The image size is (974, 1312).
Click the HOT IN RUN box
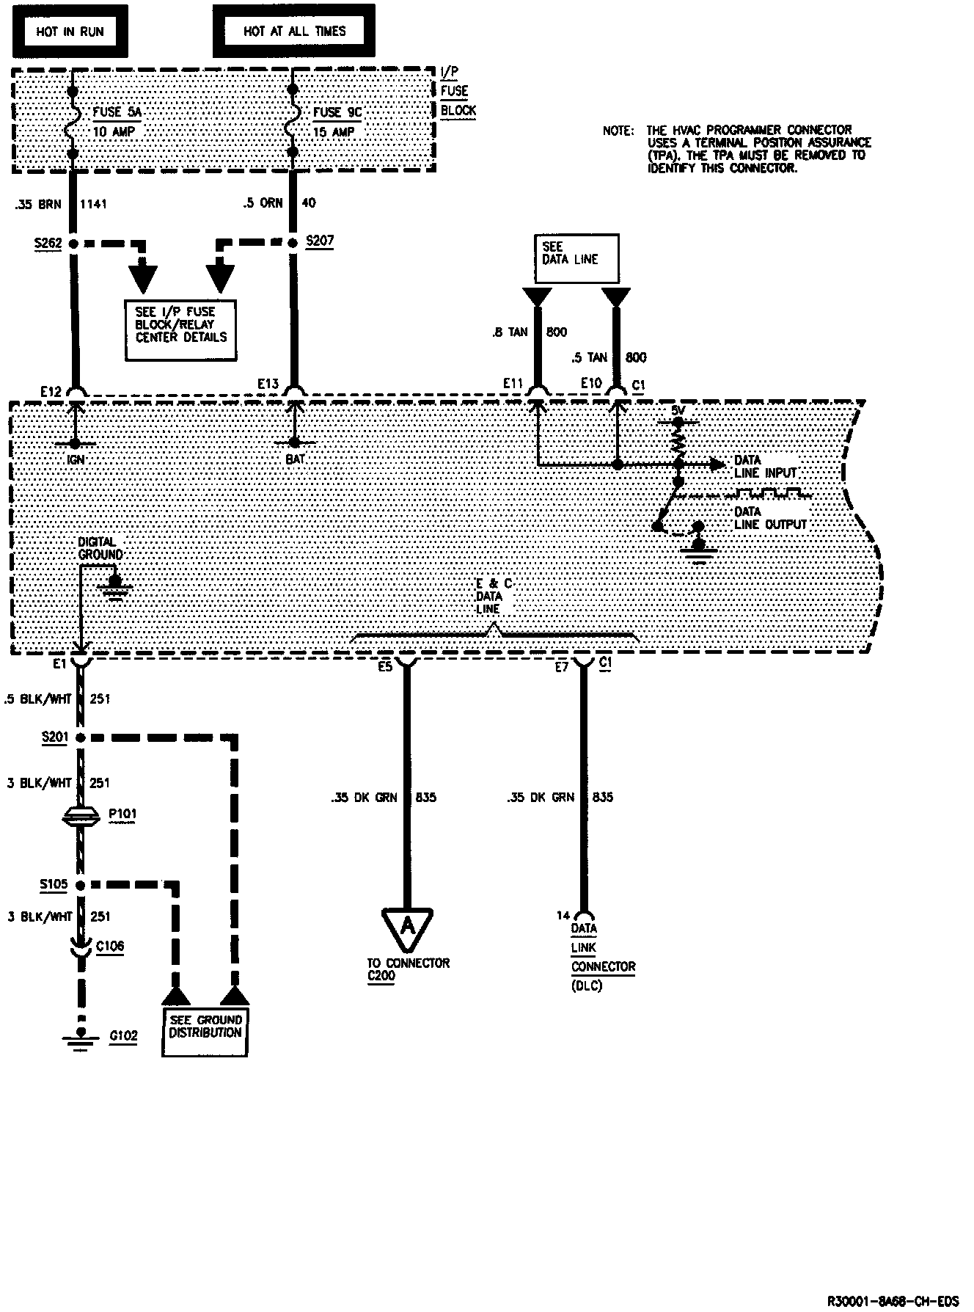70,32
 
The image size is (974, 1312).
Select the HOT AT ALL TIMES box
293,32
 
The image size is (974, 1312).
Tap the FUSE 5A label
117,112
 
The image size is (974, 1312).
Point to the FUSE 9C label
337,112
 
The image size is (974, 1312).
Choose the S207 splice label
319,241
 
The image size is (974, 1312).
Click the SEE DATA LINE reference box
576,258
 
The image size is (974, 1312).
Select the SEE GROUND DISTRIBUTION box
205,1027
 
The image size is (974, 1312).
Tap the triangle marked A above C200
408,927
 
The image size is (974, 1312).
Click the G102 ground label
122,1035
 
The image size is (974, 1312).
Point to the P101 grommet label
122,814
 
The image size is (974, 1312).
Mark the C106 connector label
110,947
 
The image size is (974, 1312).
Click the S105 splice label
54,884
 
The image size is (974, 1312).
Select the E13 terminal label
268,383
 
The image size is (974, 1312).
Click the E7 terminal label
562,667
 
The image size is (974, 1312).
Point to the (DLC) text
587,985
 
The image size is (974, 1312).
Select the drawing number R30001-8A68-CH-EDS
892,1301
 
